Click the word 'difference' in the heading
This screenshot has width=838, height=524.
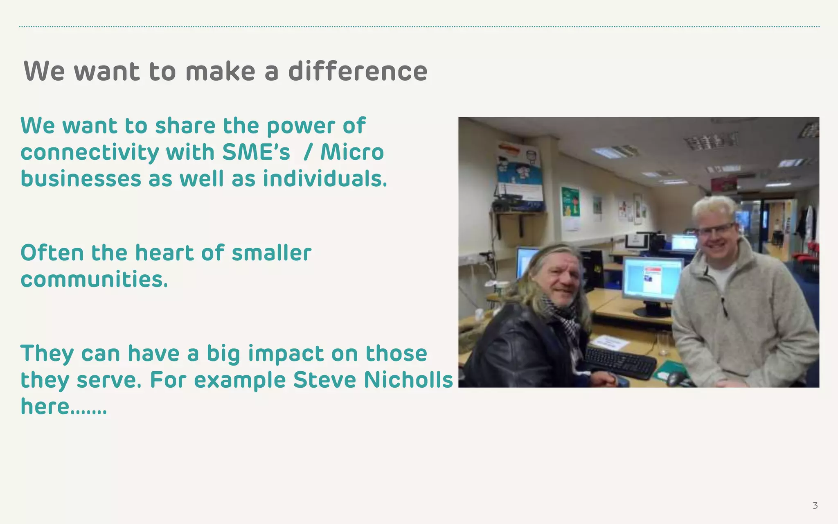coord(358,71)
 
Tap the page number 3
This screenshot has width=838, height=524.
coord(815,506)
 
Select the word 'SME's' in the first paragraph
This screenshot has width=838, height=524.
coord(256,152)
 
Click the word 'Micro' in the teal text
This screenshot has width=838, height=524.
coord(352,152)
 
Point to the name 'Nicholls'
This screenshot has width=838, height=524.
coord(408,380)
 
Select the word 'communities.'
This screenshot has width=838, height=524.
coord(94,280)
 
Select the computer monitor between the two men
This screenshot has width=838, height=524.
coord(652,281)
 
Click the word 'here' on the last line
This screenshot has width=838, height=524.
coord(45,407)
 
